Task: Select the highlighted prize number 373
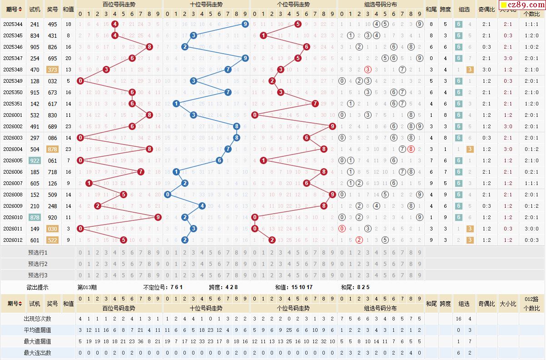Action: (x=52, y=70)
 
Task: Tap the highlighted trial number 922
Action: (x=35, y=160)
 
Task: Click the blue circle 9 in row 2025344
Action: (x=245, y=24)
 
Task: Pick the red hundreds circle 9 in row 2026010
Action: (x=158, y=217)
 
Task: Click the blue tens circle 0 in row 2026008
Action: (x=168, y=195)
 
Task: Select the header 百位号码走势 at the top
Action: (x=119, y=4)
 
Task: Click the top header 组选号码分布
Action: (x=380, y=4)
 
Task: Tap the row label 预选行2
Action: (x=38, y=264)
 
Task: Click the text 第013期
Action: (x=87, y=287)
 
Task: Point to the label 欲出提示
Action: (x=38, y=287)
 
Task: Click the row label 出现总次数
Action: (x=38, y=319)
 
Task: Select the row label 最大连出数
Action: (x=38, y=352)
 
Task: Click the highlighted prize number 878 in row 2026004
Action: (x=52, y=149)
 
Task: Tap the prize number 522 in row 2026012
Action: (x=52, y=240)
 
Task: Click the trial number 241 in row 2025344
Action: (x=35, y=24)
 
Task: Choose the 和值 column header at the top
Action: (x=68, y=9)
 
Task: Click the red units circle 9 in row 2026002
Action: (x=333, y=126)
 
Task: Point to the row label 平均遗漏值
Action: (x=38, y=330)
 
